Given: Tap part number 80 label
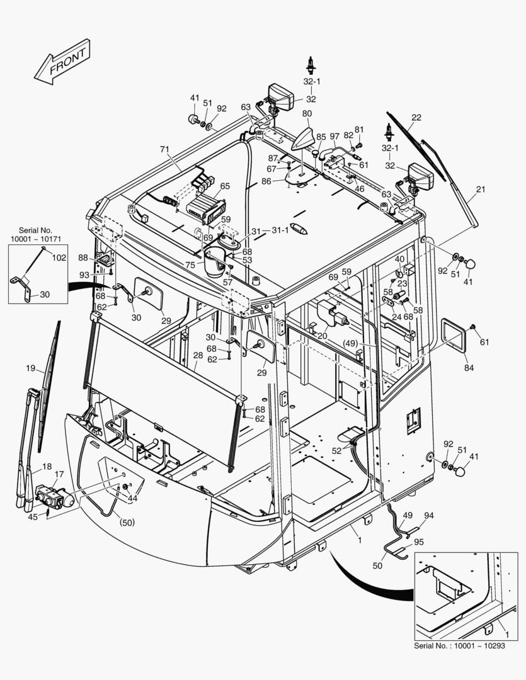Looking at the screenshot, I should coord(307,114).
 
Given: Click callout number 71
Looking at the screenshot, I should coord(164,150).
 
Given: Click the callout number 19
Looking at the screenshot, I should coord(30,367).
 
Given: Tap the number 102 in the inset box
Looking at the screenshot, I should coord(59,257).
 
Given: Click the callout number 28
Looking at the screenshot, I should coord(197,356).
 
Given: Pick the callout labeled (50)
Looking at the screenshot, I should coord(128,522).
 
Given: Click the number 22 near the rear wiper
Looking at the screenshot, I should coord(416,117).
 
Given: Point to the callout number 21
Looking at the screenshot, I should coord(481,190).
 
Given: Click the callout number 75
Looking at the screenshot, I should coord(190,264).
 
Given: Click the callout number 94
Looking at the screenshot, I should coord(428,516).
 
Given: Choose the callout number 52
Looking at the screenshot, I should coord(336,450).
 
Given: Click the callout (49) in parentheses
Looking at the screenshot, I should coord(351,343).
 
